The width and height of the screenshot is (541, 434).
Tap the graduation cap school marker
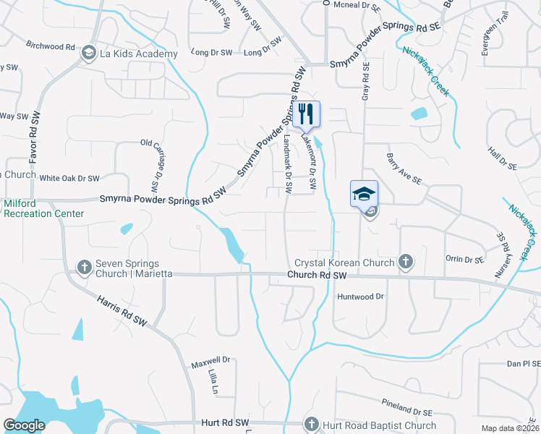[x=364, y=193]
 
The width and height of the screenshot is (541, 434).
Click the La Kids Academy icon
[x=89, y=52]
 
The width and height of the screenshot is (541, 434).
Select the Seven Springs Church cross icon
[x=84, y=268]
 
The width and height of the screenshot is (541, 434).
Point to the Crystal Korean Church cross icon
[x=406, y=262]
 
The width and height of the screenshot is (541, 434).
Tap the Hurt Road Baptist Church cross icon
[x=312, y=425]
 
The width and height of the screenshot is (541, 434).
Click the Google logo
[x=24, y=425]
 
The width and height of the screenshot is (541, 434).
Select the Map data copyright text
[x=509, y=428]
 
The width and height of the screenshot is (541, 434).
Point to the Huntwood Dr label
[x=360, y=297]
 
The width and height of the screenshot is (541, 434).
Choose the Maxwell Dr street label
[x=210, y=359]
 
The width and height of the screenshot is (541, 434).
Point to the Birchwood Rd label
[x=51, y=46]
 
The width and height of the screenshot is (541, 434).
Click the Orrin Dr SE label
[x=464, y=259]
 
